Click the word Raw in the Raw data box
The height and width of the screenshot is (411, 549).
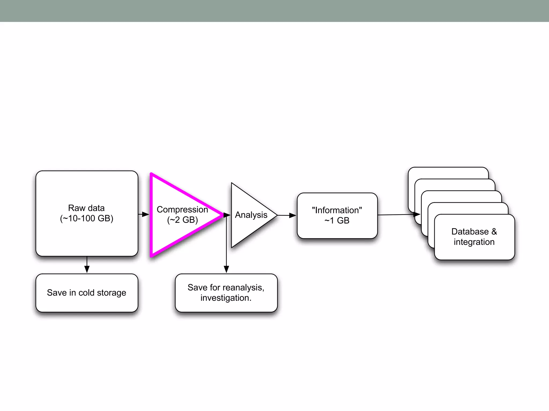(76, 208)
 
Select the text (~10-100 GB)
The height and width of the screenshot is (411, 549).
(87, 218)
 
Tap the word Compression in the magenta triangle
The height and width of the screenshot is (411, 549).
(182, 209)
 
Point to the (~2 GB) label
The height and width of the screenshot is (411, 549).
(183, 220)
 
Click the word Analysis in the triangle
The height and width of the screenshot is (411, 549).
(251, 215)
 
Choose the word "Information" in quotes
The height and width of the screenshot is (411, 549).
(337, 210)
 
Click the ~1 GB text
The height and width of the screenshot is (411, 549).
(337, 220)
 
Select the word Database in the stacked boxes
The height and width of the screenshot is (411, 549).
(470, 231)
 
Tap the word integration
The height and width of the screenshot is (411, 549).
(474, 242)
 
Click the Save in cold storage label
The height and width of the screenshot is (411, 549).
(87, 293)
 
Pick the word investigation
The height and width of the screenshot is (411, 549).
(226, 298)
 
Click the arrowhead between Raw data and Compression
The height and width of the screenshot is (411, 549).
(146, 214)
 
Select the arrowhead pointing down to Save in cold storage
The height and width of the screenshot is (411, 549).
(87, 269)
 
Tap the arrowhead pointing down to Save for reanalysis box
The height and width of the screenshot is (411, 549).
(226, 269)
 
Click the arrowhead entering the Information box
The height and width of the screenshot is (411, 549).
(293, 215)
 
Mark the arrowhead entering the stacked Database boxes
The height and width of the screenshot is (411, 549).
(417, 214)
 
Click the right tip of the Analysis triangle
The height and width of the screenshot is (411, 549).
(277, 215)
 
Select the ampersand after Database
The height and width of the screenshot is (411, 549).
(494, 231)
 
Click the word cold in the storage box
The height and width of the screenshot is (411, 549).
(87, 293)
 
